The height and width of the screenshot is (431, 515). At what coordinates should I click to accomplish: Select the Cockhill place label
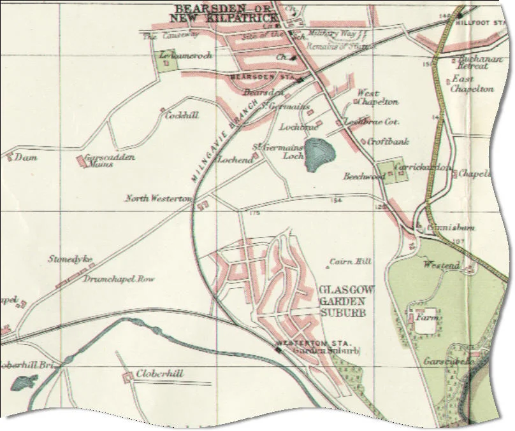click(x=182, y=116)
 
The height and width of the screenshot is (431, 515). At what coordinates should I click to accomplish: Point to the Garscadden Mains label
click(x=110, y=160)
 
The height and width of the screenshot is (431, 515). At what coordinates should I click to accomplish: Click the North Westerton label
click(x=158, y=199)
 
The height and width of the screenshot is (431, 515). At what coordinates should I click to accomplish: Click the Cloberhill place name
click(x=160, y=374)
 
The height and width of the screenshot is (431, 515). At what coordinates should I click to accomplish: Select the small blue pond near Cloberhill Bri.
click(x=24, y=384)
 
